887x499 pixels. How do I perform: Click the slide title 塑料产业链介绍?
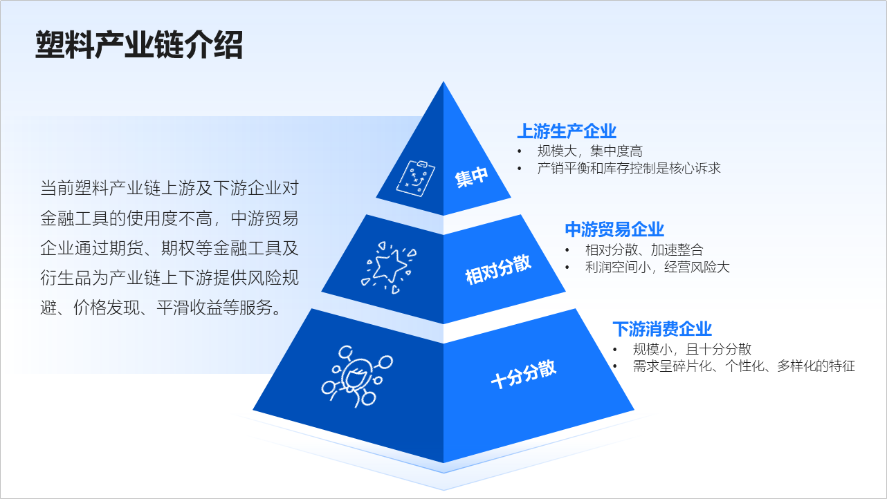coord(139,45)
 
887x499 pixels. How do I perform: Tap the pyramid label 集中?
coord(472,178)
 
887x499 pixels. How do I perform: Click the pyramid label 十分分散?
coord(523,374)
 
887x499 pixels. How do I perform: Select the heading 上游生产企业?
coord(567,131)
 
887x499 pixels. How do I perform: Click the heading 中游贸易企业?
coord(614,229)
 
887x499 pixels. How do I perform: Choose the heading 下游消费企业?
coord(662,329)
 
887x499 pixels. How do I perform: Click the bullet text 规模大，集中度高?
coord(589,151)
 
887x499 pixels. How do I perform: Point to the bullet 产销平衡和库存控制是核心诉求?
coord(629,168)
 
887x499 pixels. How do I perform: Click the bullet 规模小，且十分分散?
coord(692,349)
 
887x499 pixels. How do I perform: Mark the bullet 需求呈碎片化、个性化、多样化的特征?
coord(744,366)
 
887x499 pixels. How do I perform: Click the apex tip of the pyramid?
coord(443,84)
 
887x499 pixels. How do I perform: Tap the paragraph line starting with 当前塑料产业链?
coord(170,188)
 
